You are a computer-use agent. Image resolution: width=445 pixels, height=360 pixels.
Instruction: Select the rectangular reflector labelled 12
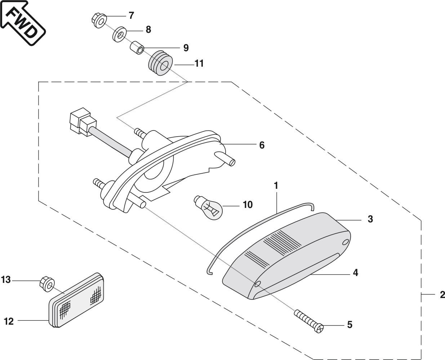click(x=77, y=300)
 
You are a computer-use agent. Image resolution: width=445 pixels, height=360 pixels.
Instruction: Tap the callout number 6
click(x=262, y=145)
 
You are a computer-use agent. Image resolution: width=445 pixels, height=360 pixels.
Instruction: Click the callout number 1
click(x=276, y=186)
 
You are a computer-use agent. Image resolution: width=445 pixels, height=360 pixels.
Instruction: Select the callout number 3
click(x=370, y=219)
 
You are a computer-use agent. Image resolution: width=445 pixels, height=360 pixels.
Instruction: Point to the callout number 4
click(x=355, y=273)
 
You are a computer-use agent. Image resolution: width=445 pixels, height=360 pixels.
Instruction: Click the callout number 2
click(x=442, y=295)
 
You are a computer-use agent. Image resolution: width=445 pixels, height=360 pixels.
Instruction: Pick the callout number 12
click(x=9, y=321)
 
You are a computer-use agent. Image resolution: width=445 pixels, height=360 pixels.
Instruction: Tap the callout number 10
click(x=248, y=205)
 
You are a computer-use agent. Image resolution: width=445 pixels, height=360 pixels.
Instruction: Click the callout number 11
click(x=199, y=64)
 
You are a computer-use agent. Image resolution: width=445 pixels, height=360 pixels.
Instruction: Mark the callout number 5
click(x=350, y=325)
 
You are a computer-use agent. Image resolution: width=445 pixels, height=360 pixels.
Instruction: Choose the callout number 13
click(x=6, y=280)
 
